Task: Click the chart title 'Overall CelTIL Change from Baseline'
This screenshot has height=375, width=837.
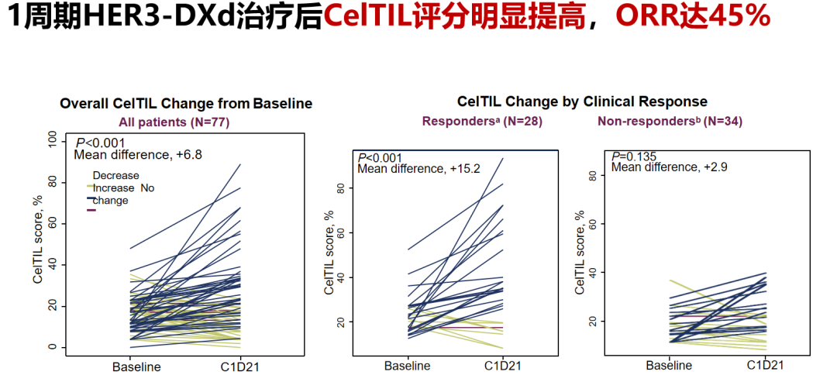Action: [x=186, y=103]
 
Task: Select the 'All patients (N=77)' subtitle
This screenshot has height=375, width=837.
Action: [x=174, y=122]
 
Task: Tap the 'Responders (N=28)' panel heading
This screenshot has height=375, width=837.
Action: [x=481, y=121]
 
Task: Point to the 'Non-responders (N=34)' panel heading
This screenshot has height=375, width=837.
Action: [x=661, y=121]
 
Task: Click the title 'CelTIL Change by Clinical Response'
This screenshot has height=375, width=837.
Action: [x=582, y=101]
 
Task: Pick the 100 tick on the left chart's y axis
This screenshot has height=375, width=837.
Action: [x=52, y=140]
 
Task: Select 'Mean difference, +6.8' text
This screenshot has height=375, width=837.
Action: [x=138, y=155]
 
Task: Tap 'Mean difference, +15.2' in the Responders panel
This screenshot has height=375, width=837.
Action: [x=419, y=168]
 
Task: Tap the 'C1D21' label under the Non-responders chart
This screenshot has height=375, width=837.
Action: [x=766, y=364]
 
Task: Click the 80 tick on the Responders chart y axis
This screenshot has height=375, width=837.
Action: [x=340, y=188]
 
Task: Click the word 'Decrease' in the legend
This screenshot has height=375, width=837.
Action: [x=116, y=176]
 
